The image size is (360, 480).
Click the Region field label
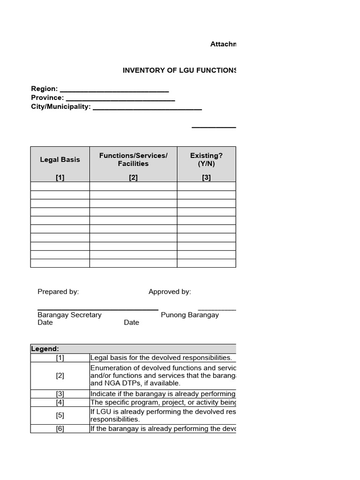(x=44, y=89)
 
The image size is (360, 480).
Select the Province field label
(x=47, y=97)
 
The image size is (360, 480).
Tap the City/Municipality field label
(x=61, y=107)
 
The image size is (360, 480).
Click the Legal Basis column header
(x=60, y=159)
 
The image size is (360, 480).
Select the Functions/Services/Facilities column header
(x=133, y=159)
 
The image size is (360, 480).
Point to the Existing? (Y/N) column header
(x=206, y=159)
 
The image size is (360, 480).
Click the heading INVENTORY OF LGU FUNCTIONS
(x=179, y=70)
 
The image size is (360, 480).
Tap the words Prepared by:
(x=58, y=292)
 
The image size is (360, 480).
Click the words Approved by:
(x=170, y=292)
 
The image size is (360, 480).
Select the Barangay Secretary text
(x=69, y=315)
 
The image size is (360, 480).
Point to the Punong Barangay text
(x=190, y=315)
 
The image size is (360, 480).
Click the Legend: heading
(x=45, y=349)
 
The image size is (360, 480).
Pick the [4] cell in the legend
(x=60, y=402)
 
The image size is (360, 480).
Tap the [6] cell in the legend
(x=60, y=428)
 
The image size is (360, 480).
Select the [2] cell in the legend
(x=60, y=375)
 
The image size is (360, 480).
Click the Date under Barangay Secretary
(x=45, y=322)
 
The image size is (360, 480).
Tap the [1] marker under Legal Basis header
(x=60, y=177)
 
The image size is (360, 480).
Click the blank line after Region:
(x=114, y=90)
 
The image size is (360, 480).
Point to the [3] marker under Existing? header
(x=206, y=177)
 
